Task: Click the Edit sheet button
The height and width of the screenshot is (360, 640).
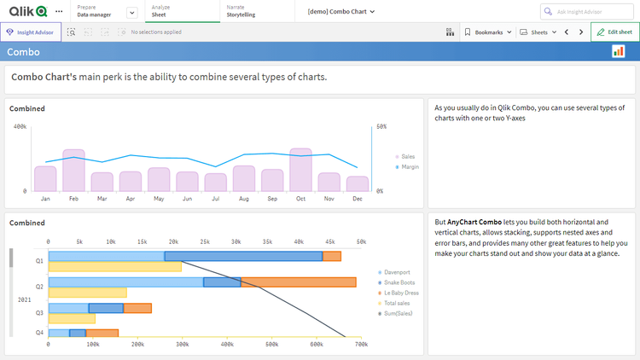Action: coord(614,32)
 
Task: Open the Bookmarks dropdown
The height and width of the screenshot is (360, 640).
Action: coord(488,32)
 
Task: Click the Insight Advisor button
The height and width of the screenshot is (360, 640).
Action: coord(31,32)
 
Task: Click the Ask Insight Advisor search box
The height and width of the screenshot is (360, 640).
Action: coord(589,11)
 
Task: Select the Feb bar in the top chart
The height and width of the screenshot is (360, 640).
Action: coord(73,170)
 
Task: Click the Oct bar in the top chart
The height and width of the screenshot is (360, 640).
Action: coord(300,170)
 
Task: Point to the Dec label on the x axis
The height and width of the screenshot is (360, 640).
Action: coord(358,199)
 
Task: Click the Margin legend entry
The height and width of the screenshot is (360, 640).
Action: coord(410,167)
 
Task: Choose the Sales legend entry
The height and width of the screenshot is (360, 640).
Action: coord(407,157)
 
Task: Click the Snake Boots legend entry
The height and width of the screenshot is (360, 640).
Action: coord(399,282)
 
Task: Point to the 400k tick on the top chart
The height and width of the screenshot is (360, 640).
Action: coord(20,126)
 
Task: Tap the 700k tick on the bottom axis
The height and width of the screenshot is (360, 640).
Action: coord(361,345)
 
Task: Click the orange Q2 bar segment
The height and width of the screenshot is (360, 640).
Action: coord(298,282)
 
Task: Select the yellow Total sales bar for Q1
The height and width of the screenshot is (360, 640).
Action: coord(114,267)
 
